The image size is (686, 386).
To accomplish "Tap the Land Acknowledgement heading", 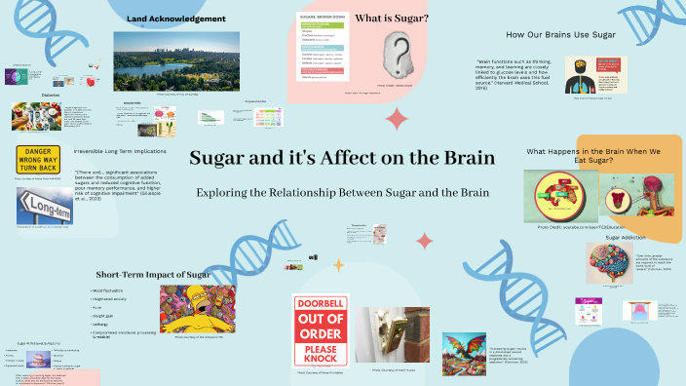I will [176, 19].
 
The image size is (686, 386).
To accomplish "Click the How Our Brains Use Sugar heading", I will [560, 35].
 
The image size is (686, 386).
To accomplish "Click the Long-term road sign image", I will [44, 206].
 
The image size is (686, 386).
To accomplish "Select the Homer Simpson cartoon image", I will [203, 309].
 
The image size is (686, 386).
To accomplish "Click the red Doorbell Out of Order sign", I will [321, 330].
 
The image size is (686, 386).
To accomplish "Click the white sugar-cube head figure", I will [399, 53].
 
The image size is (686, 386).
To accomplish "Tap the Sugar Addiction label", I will [626, 237].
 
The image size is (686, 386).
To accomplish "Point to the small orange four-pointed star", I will [339, 264].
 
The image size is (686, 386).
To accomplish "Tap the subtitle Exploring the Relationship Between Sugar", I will [342, 193].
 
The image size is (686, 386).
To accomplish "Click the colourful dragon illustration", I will [463, 353].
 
